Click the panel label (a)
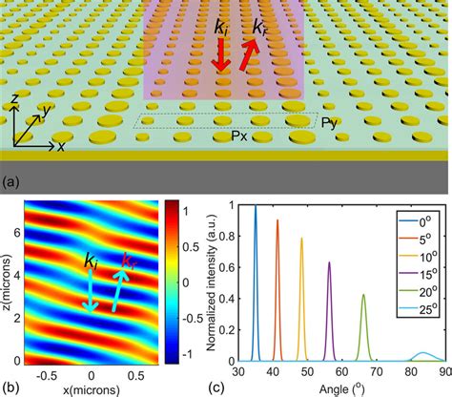tap(13, 178)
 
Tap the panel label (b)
tap(13, 387)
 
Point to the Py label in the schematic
tap(327, 123)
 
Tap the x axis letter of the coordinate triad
tap(60, 148)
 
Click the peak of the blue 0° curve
tap(255, 206)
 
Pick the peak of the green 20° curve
tap(363, 295)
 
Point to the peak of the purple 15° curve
tap(329, 262)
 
